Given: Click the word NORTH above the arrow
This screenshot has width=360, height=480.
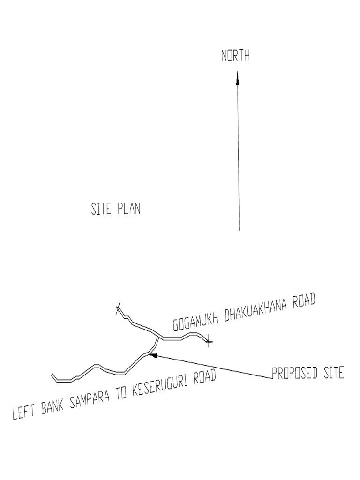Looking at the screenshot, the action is (x=235, y=57).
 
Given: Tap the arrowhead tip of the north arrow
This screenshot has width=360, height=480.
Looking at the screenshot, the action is (x=238, y=73).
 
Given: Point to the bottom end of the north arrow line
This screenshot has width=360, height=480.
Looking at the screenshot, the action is (x=239, y=230).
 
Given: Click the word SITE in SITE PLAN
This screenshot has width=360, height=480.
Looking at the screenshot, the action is (x=101, y=209).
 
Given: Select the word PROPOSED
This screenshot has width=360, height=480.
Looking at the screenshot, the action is (x=293, y=374).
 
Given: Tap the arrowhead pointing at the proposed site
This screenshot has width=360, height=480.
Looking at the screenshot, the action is (x=151, y=355).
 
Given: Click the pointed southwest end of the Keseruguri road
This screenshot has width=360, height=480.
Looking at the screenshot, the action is (x=52, y=375).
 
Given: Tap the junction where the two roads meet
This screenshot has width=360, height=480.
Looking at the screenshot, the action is (x=157, y=337).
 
